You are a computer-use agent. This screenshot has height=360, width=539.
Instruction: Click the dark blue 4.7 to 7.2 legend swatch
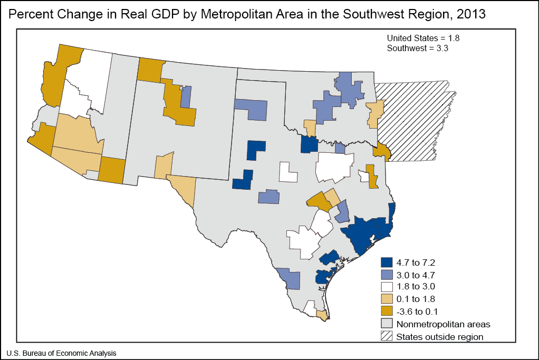tap(387, 262)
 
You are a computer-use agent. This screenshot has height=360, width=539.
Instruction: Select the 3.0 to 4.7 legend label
tap(416, 274)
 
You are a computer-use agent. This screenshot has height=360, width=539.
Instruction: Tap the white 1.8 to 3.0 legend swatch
tap(387, 287)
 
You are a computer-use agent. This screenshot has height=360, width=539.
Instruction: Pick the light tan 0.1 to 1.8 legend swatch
tap(387, 299)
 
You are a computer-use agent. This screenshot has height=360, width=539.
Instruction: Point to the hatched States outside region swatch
tap(387, 336)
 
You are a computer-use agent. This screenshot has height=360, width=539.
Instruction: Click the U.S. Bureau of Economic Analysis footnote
tap(61, 353)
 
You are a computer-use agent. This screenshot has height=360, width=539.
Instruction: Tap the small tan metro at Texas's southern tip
tap(322, 315)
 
